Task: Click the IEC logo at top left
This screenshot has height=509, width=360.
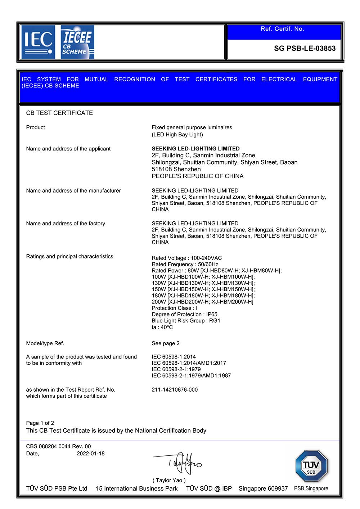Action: [x=38, y=42]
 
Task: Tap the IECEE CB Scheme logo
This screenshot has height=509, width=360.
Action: [x=77, y=42]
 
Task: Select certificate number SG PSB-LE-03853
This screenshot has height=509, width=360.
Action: [x=305, y=48]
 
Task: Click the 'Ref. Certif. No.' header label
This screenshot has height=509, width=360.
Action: [x=282, y=29]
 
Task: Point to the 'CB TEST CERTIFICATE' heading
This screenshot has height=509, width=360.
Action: [x=59, y=113]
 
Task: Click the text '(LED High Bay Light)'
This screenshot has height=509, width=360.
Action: [x=177, y=135]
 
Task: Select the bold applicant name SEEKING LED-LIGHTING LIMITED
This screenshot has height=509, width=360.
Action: [x=195, y=149]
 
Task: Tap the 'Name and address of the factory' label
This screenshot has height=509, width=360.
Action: [x=66, y=224]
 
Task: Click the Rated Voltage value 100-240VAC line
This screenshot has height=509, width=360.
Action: [x=186, y=258]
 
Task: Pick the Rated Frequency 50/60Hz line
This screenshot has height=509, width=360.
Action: [x=185, y=264]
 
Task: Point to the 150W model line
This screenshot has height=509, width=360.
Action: [x=203, y=289]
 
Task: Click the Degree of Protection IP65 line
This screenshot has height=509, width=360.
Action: [x=184, y=314]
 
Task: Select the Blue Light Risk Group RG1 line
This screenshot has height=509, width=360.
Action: [x=186, y=321]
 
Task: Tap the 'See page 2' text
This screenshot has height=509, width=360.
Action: [x=166, y=343]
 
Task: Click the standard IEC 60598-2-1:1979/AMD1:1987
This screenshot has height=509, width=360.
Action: [x=191, y=375]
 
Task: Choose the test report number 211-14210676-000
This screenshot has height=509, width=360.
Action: [x=175, y=389]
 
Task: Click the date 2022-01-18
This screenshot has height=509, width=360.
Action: [x=90, y=454]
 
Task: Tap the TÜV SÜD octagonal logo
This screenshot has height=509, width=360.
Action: [x=311, y=466]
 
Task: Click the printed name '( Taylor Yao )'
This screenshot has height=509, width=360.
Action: [x=169, y=480]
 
